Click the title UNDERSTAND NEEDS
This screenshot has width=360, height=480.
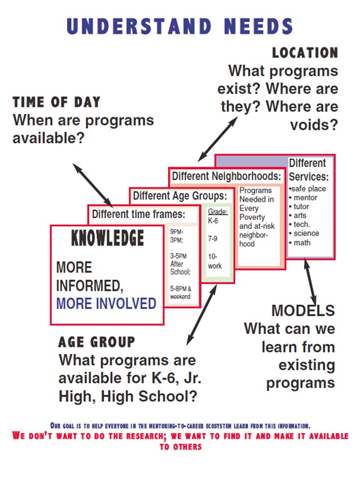coord(180,26)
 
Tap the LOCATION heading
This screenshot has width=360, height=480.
coord(305,53)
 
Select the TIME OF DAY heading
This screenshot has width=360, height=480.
coord(56,102)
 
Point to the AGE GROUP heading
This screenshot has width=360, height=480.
coord(96,342)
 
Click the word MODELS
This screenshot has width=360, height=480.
coord(303,311)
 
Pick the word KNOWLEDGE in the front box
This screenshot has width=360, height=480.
coord(107,238)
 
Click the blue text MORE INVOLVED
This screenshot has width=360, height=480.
coord(106,303)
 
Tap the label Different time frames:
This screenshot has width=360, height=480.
coord(139,214)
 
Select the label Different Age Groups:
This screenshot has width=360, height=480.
coord(180,195)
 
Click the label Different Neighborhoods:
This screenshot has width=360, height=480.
coord(226,176)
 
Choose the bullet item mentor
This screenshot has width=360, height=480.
coord(303,198)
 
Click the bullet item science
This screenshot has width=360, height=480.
coord(304,233)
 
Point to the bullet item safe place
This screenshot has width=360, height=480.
coord(307,189)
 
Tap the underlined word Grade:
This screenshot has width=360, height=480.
coord(218,212)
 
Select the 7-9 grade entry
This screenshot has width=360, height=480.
coord(213,238)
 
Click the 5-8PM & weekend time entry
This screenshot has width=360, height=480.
coord(181,293)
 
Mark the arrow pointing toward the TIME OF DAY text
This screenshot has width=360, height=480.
coord(93,185)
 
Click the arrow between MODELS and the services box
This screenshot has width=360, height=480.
coord(310,282)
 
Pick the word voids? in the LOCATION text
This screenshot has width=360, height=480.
coord(314,125)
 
